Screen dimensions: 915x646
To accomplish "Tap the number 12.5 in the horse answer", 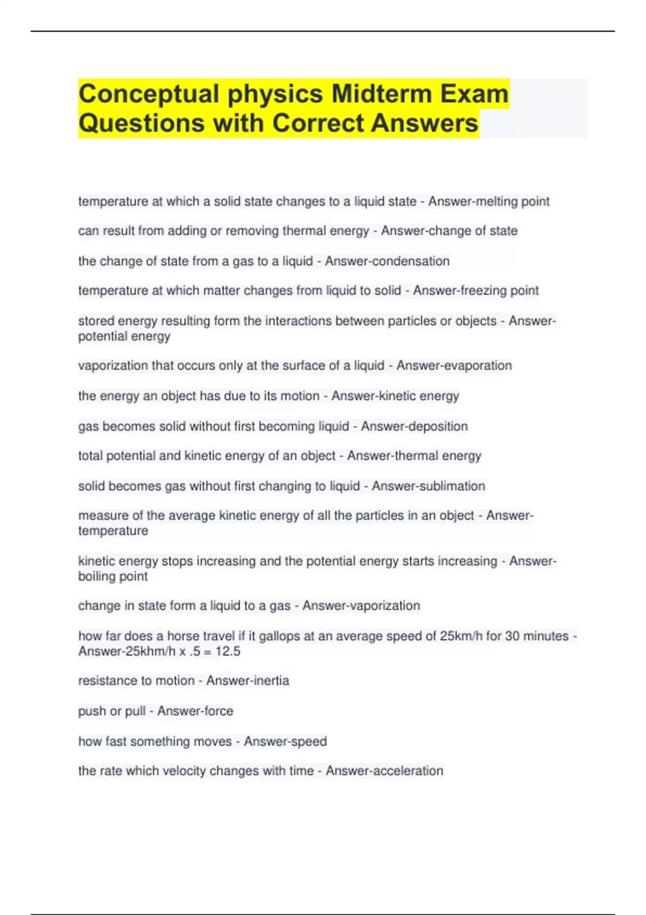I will tap(228, 651).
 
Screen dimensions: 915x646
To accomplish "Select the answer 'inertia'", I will tap(269, 681).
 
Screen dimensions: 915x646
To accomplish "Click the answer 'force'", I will tap(219, 711).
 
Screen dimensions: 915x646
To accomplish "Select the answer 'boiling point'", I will tap(113, 576).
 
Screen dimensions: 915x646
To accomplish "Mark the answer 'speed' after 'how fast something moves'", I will tap(307, 741).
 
